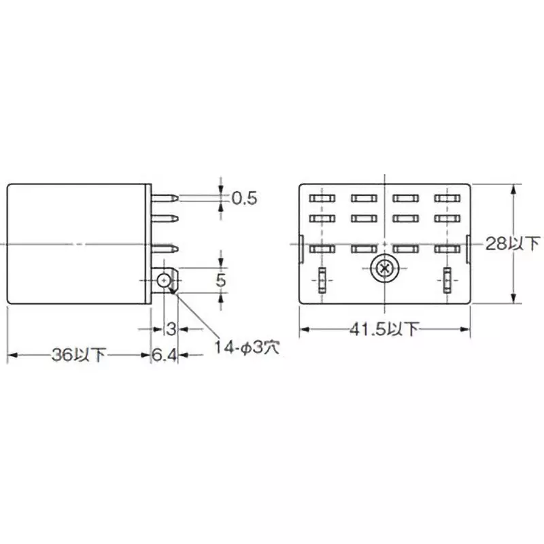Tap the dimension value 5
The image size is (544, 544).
click(220, 279)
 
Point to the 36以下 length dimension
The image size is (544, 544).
click(79, 354)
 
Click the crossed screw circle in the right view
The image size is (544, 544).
click(384, 269)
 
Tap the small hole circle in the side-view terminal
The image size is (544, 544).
click(163, 280)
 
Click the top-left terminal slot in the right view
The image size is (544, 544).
click(322, 199)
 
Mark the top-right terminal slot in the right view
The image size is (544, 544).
click(447, 199)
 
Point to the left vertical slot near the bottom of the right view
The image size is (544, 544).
click(322, 279)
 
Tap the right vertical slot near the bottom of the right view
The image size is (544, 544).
click(447, 279)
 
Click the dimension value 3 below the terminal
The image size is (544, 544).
click(171, 329)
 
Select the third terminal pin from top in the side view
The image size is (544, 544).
click(166, 251)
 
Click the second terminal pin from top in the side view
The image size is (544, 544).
click(166, 220)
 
